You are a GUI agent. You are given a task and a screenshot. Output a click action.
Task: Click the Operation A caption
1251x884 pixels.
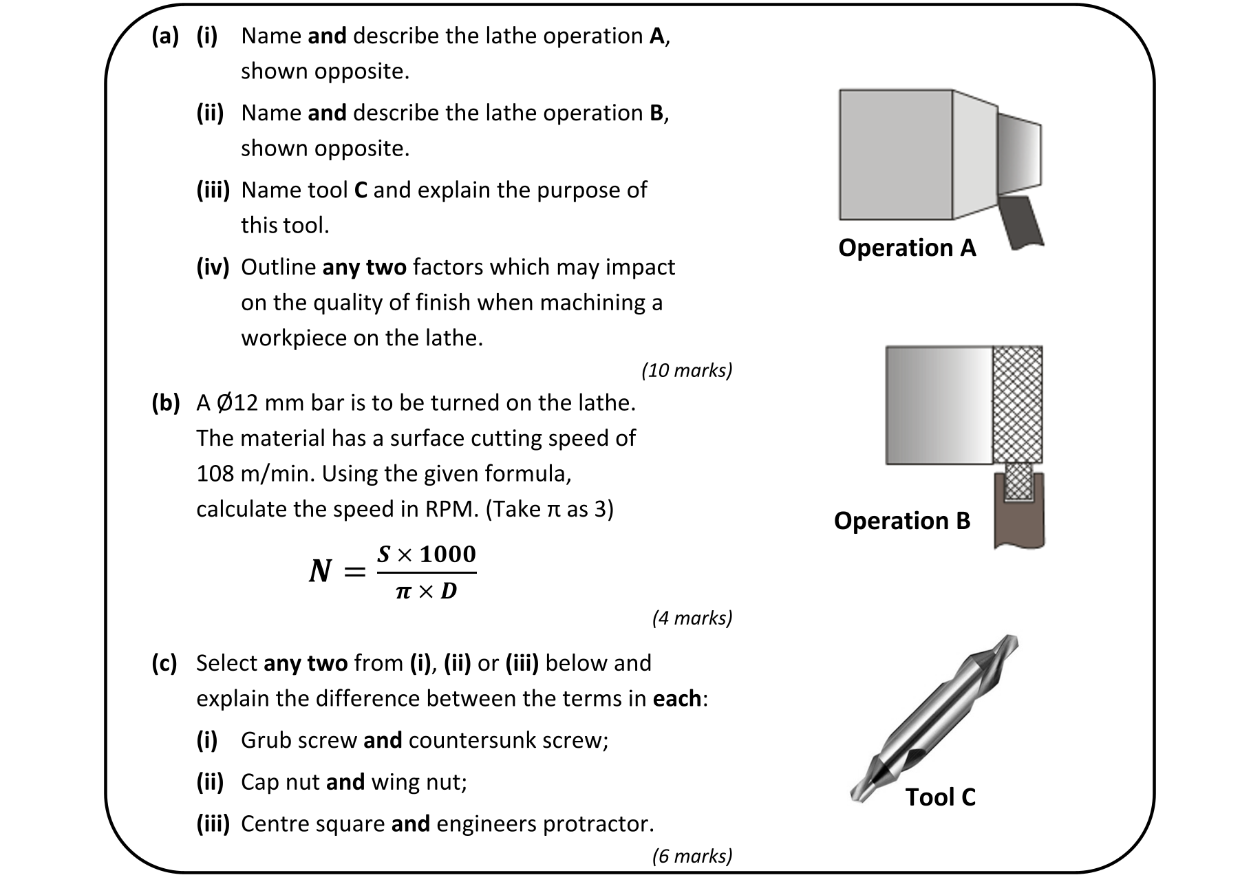coord(906,248)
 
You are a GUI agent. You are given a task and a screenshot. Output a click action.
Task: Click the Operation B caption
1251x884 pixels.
coord(901,521)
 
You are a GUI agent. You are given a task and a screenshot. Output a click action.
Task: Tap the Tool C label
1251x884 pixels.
coord(940,797)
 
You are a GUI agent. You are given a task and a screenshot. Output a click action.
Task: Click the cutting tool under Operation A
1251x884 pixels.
coord(1021,222)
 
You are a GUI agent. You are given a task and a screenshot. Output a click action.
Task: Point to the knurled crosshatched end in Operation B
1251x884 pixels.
coord(1018,405)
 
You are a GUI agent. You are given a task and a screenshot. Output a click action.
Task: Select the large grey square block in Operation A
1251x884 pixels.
coord(895,155)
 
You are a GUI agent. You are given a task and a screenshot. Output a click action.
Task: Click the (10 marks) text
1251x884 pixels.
coord(687,371)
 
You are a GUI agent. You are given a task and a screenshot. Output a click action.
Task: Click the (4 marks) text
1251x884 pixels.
coord(692,618)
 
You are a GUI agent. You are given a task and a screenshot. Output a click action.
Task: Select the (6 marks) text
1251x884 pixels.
coord(692,856)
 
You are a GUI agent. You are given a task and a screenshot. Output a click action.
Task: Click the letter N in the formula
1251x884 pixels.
coord(321,571)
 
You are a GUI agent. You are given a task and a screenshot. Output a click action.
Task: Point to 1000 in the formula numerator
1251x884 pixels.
coord(448,554)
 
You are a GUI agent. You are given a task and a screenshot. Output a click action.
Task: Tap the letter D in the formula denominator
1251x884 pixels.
coord(448,591)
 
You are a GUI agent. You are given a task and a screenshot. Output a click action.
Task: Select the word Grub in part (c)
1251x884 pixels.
coord(264,740)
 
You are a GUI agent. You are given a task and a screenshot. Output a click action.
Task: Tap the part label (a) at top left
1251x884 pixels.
coord(165,36)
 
